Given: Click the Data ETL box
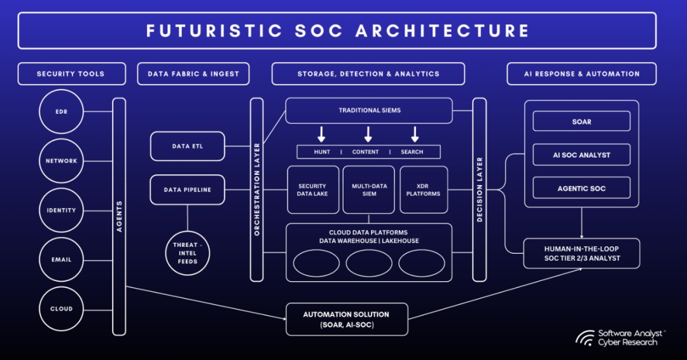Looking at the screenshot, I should click(x=188, y=146).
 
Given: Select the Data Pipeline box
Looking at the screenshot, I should click(x=188, y=190).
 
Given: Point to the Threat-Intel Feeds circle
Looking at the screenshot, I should click(x=188, y=253).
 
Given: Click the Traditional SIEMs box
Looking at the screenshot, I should click(x=369, y=111).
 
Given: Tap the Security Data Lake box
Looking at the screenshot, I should click(x=312, y=190).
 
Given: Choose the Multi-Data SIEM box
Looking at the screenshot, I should click(x=369, y=190).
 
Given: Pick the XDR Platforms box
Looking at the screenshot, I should click(x=424, y=190).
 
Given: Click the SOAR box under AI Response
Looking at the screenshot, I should click(x=581, y=121).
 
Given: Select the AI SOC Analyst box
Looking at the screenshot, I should click(x=581, y=155).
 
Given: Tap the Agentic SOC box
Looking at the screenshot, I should click(x=581, y=188).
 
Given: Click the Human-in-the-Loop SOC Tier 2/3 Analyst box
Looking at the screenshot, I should click(x=581, y=253).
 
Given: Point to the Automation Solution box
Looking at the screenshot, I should click(x=346, y=319).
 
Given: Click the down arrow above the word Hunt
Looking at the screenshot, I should click(x=322, y=134).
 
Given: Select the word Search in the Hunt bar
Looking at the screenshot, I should click(x=412, y=152).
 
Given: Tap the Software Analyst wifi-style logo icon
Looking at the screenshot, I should click(x=585, y=338).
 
